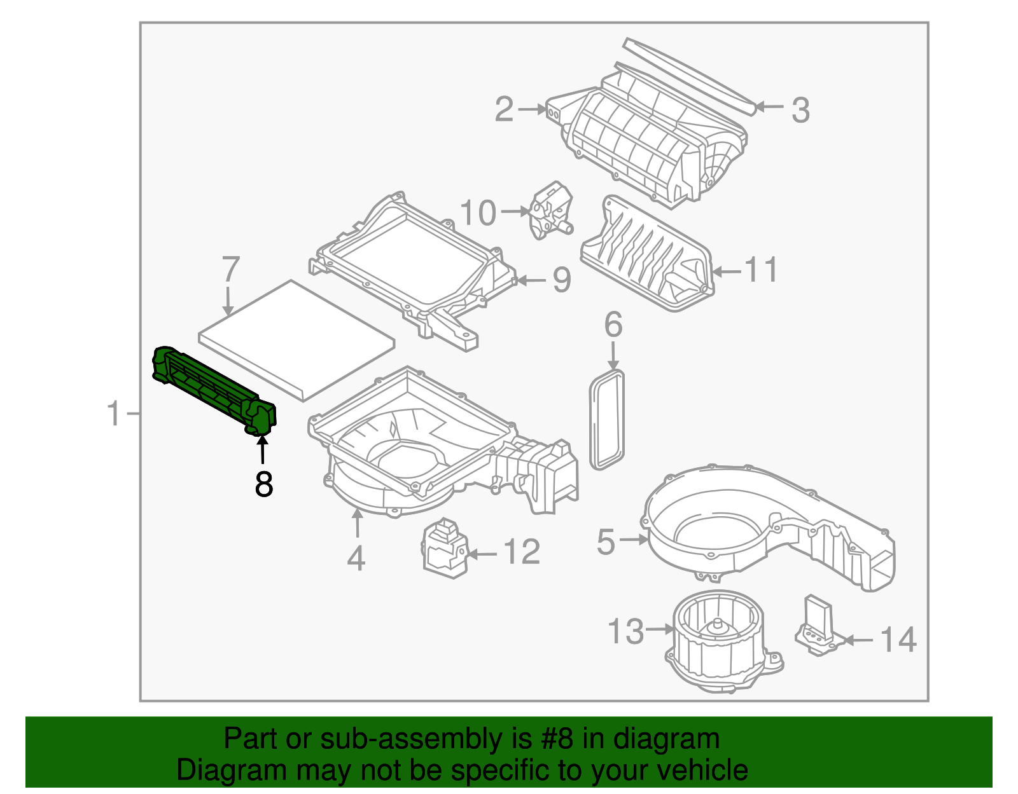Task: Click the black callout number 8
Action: [263, 484]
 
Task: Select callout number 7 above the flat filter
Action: [230, 270]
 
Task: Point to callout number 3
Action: [800, 110]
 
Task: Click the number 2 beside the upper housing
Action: [504, 109]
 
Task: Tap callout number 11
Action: [761, 271]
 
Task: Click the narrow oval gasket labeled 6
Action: [608, 420]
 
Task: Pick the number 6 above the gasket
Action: [613, 325]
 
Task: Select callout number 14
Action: [898, 640]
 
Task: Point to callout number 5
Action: [606, 542]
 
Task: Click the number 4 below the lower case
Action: [356, 559]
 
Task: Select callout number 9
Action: [562, 280]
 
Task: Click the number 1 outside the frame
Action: [114, 414]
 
